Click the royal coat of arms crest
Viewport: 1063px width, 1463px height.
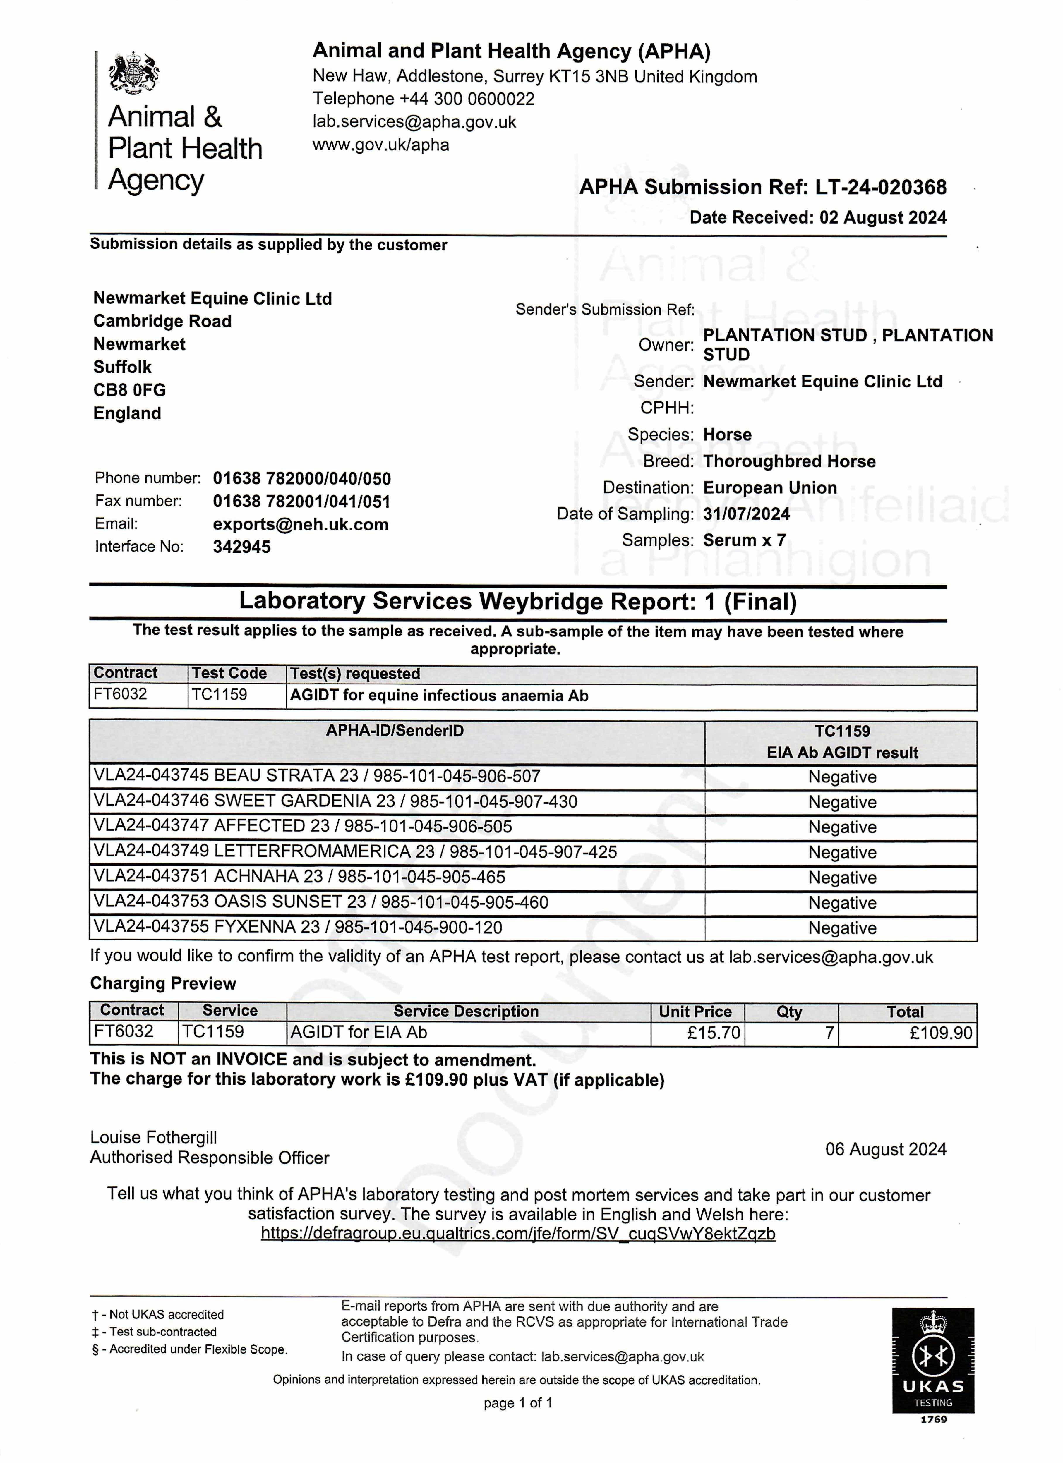click(x=134, y=73)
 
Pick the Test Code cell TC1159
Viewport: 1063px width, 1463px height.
click(x=220, y=695)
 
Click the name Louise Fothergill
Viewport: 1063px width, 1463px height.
click(x=154, y=1137)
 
